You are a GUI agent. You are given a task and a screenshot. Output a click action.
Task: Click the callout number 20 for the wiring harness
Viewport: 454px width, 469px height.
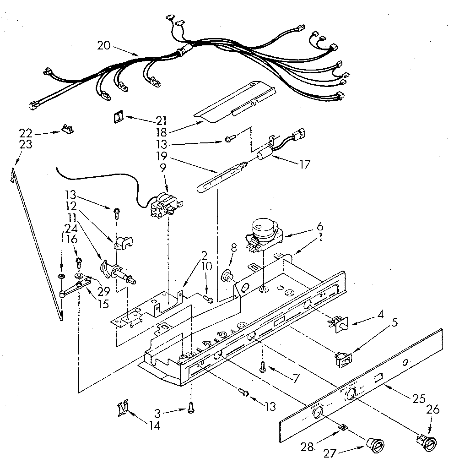click(x=104, y=45)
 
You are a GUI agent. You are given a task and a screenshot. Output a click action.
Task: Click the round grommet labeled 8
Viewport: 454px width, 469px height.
click(x=226, y=276)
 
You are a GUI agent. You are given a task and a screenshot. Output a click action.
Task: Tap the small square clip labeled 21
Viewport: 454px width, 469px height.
click(x=120, y=118)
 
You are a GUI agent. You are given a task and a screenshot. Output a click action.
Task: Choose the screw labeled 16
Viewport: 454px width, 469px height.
click(x=79, y=263)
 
